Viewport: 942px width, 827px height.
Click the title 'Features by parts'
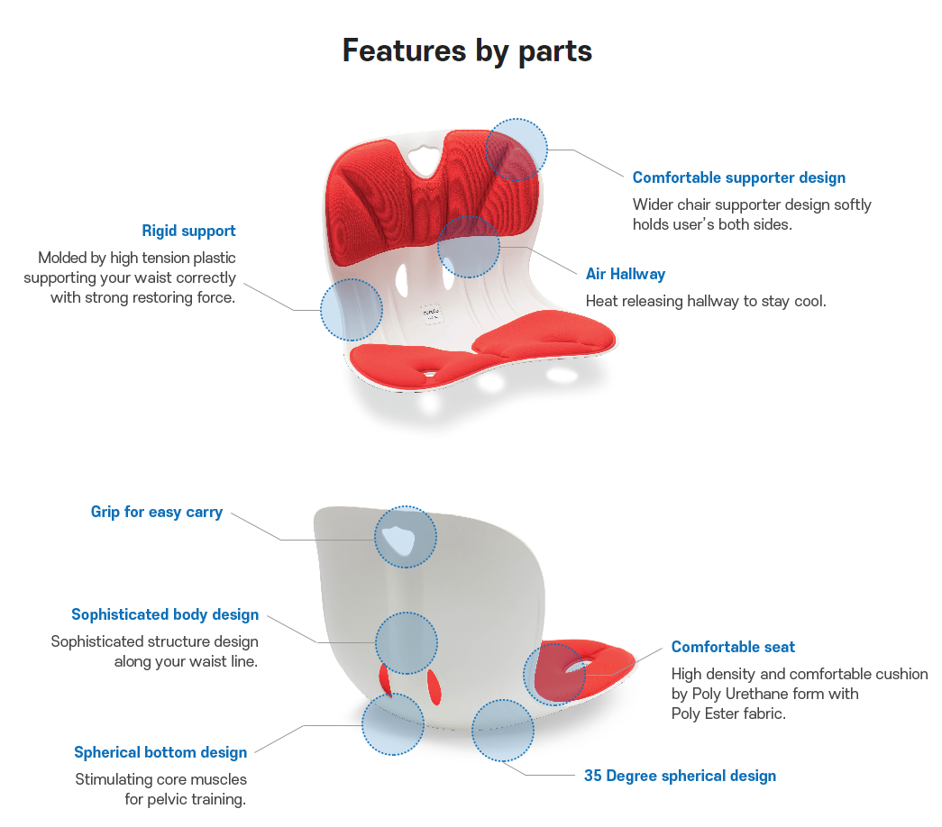click(x=467, y=50)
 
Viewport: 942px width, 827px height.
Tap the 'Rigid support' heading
click(x=188, y=231)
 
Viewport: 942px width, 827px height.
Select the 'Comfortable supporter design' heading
click(x=738, y=177)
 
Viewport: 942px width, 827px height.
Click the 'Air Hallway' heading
click(x=625, y=274)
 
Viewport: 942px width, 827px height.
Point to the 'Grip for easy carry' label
click(x=157, y=512)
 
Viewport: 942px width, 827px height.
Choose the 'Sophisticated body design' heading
click(x=165, y=614)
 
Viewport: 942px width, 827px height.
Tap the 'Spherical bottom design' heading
click(x=160, y=752)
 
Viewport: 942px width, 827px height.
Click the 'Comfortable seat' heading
click(x=733, y=647)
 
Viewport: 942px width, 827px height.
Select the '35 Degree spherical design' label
click(x=680, y=776)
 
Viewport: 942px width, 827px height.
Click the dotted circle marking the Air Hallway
click(x=469, y=246)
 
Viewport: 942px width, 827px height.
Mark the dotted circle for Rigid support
click(x=352, y=310)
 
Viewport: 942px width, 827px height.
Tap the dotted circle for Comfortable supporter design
click(x=516, y=149)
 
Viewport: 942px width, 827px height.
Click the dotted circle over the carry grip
click(x=405, y=537)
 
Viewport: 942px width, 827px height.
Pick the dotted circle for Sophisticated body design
click(x=406, y=643)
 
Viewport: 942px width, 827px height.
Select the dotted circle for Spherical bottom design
click(x=393, y=724)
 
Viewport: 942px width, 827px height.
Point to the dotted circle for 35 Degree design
click(x=502, y=731)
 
